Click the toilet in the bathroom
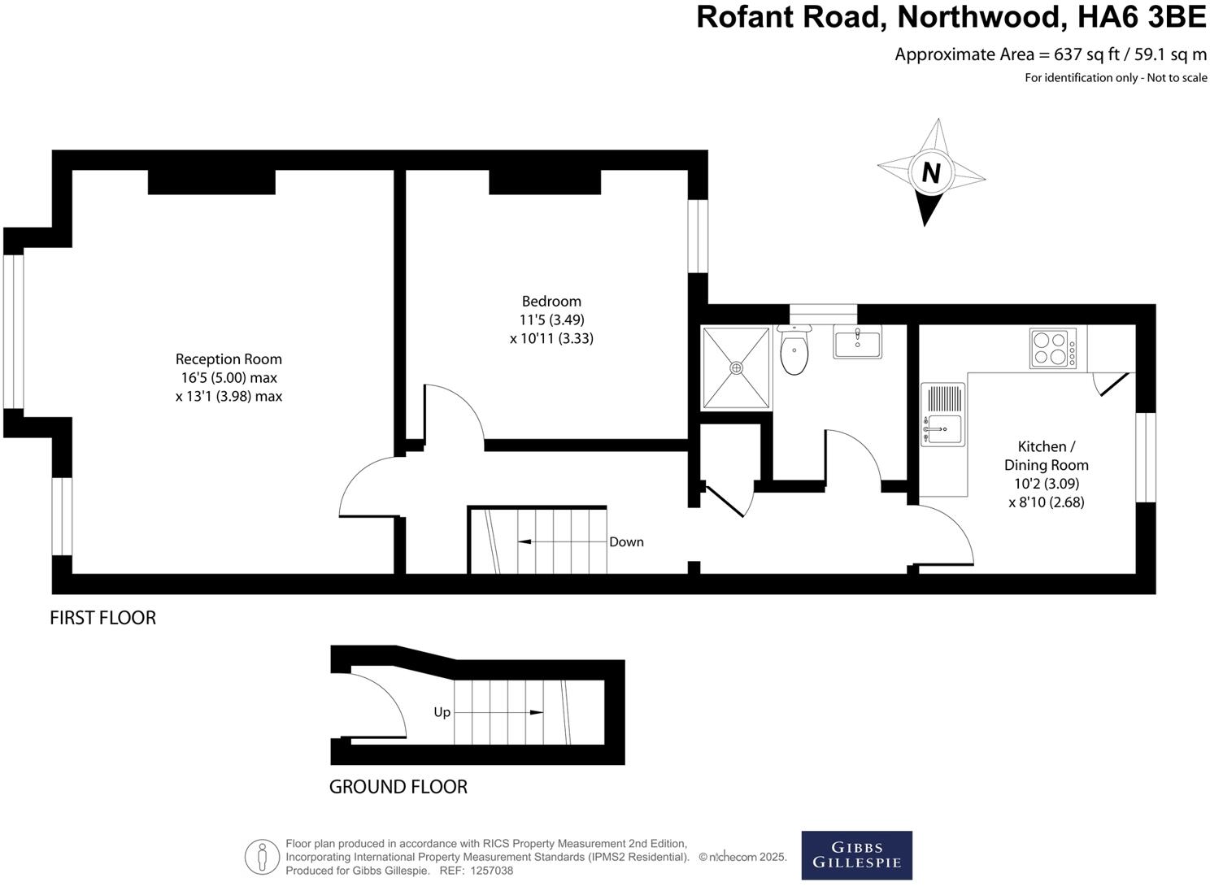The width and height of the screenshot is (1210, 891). pos(794,352)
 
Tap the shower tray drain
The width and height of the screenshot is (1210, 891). pos(737,367)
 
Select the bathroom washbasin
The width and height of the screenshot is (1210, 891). pos(856,341)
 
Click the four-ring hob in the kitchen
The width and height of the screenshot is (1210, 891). pos(1052,348)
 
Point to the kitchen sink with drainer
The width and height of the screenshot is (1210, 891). pos(943,415)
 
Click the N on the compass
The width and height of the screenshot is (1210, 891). pos(931,173)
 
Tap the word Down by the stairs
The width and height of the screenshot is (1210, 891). pos(626,542)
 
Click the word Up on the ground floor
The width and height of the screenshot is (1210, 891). pos(442,712)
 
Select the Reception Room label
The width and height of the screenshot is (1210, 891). pos(229,359)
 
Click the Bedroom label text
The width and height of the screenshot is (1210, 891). pos(551,302)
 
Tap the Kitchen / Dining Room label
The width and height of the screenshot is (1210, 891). pos(1046,456)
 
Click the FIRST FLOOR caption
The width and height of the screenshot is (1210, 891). pos(102,618)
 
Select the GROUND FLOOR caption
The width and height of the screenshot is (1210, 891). pos(398,787)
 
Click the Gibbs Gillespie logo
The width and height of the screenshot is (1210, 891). pos(856,855)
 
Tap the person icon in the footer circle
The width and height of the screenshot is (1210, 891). pos(262,857)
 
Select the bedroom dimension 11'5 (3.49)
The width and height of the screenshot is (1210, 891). pos(551,319)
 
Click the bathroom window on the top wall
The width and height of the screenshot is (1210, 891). pos(823,314)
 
